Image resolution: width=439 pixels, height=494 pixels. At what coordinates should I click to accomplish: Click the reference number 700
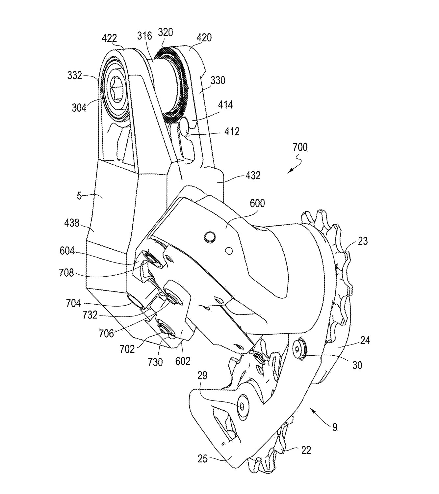pos(300,148)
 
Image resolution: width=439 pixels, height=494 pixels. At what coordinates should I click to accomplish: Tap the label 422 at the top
pos(109,38)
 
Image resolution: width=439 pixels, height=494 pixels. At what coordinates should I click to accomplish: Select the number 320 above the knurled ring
pos(166,32)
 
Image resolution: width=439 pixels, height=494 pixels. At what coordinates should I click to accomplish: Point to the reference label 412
pos(232,132)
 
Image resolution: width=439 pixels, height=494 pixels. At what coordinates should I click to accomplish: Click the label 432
pos(253,176)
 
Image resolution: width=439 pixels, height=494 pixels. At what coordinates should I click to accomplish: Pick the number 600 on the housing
pos(257,203)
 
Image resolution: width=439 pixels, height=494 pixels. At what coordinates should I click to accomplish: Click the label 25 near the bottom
pos(202,459)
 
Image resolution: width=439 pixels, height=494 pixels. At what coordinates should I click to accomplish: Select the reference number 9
pos(335,427)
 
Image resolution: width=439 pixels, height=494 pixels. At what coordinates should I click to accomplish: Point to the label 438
pos(72,223)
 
